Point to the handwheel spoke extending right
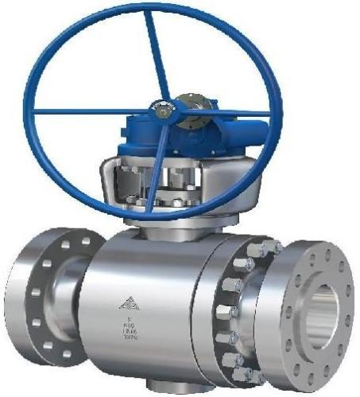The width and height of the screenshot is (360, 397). pyautogui.click(x=230, y=112)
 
